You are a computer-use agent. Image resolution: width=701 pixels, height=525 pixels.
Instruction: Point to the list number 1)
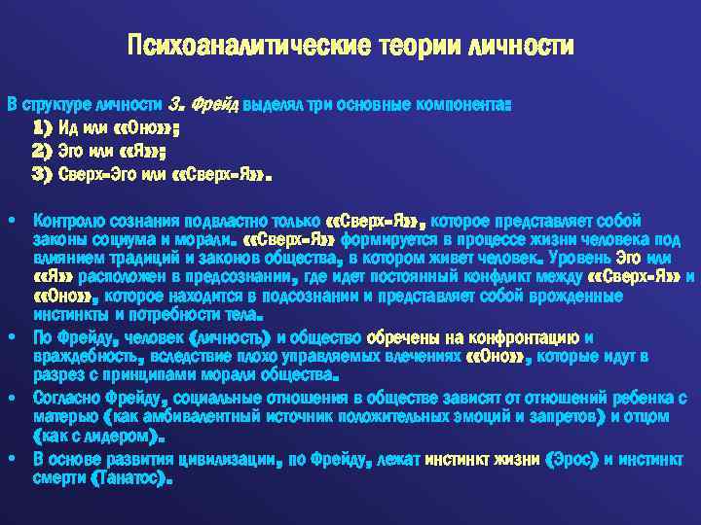(x=43, y=127)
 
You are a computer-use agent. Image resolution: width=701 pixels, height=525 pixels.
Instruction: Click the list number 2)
(x=43, y=152)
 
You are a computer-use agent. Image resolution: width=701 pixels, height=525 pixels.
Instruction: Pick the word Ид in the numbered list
(x=68, y=127)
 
